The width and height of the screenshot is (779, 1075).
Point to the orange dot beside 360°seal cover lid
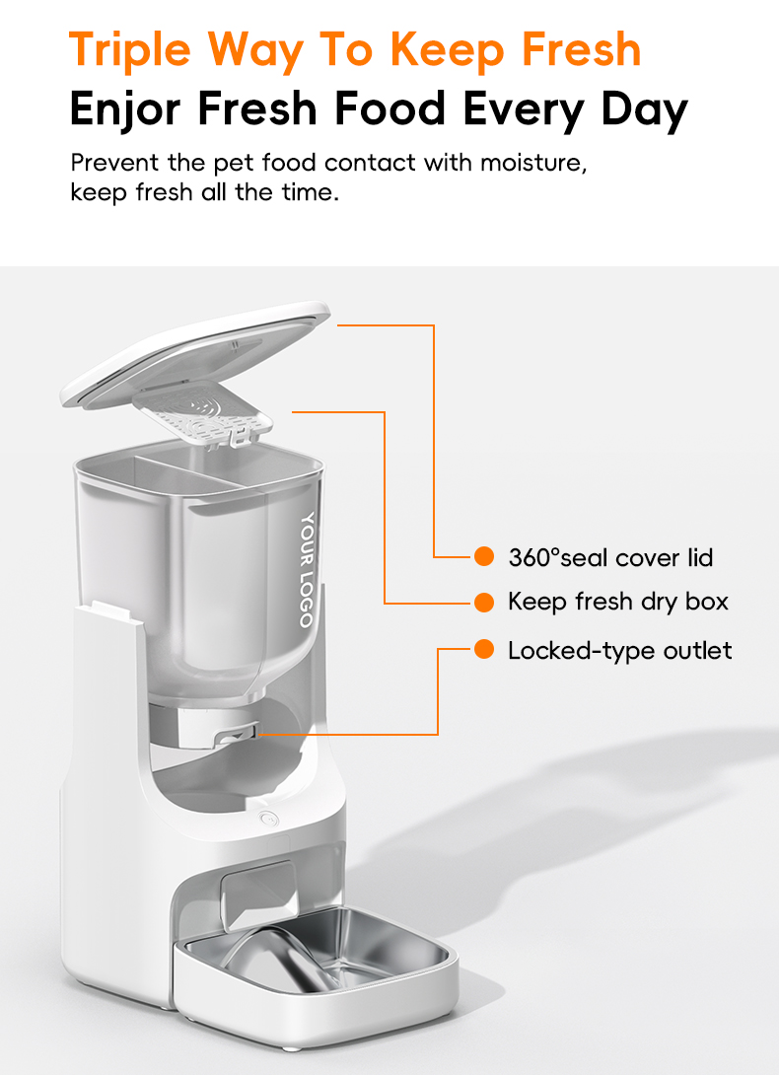coord(484,557)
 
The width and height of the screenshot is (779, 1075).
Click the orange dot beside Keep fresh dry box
coord(484,602)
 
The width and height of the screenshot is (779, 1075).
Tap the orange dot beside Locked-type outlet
coord(484,649)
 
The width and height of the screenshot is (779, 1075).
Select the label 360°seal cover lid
coord(610,557)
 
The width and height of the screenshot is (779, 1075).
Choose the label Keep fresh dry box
coord(618,602)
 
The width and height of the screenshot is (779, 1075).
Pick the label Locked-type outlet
coord(620,651)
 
